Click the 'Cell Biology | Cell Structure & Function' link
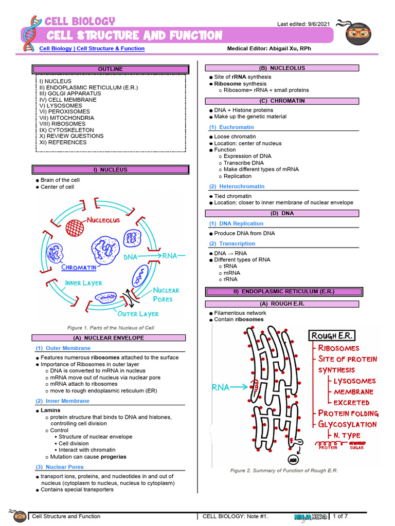92,49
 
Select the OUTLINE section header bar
111,69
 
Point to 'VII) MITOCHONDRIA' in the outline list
63,118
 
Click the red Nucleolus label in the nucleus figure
103,220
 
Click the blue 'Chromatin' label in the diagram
79,267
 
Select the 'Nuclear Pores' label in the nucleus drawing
166,294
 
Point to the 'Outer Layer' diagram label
138,314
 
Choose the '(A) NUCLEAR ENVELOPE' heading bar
108,338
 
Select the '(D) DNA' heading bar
282,214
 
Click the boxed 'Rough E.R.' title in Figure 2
332,336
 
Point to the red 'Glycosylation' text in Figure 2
347,424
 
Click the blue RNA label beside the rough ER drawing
221,388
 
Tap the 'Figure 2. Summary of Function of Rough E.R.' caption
284,471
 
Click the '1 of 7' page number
340,516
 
